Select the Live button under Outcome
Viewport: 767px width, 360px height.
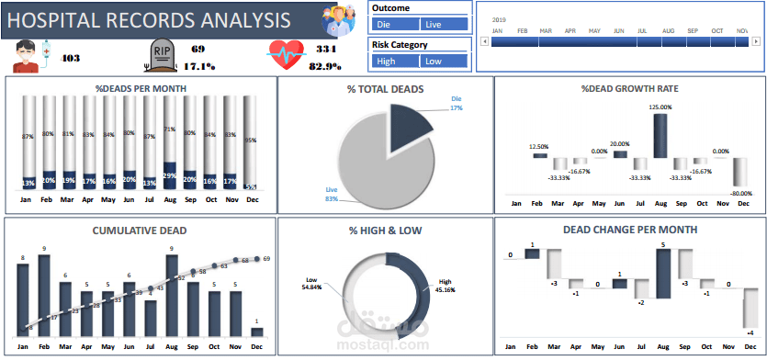point(444,25)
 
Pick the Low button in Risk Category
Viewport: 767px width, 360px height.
point(444,62)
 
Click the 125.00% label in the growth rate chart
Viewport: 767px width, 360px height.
point(660,107)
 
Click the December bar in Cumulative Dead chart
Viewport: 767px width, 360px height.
point(256,332)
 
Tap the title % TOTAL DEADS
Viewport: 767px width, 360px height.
point(385,89)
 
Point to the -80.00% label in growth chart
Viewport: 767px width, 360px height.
point(739,194)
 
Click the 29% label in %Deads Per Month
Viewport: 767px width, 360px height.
point(170,175)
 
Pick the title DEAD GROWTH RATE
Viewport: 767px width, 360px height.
point(629,89)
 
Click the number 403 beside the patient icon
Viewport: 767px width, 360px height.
point(70,58)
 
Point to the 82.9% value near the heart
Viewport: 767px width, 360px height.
point(327,66)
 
